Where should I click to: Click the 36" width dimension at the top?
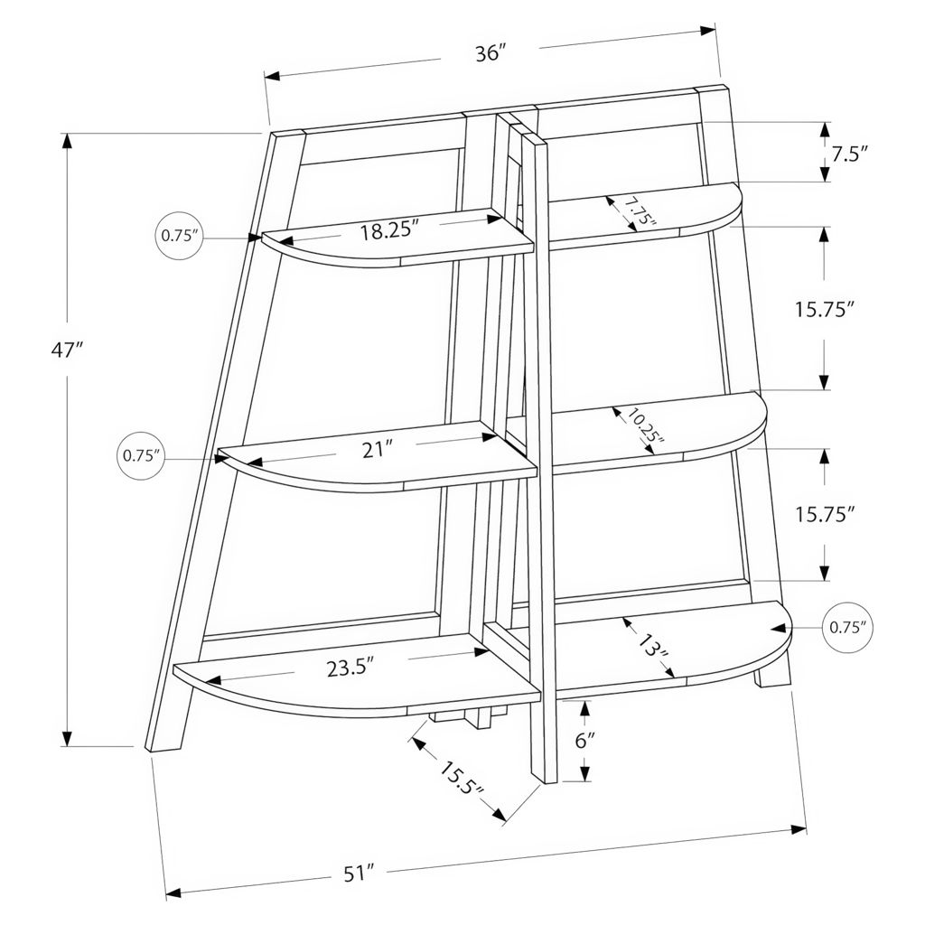point(491,53)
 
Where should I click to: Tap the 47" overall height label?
point(65,350)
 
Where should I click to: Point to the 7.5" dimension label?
point(849,154)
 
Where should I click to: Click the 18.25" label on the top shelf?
point(389,230)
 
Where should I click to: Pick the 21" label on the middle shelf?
point(378,450)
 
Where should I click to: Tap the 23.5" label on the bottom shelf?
point(350,668)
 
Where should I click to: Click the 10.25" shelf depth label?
point(644,425)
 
